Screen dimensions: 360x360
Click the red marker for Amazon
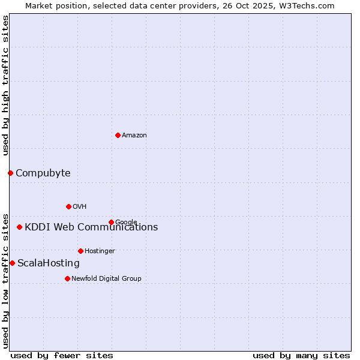tap(118, 135)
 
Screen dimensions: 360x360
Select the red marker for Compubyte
tap(10, 173)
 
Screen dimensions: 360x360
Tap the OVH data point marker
tap(68, 206)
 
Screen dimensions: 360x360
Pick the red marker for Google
tap(111, 222)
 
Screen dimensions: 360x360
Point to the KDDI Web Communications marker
tap(20, 227)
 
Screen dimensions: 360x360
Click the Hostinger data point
tap(80, 251)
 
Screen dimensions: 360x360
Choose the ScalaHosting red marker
tap(12, 263)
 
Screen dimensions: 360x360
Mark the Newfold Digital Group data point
tap(67, 278)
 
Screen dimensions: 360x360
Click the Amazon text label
tap(134, 136)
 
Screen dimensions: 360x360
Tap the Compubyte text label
tap(43, 173)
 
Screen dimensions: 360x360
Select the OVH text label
tap(80, 207)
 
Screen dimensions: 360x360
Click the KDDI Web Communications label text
tap(91, 227)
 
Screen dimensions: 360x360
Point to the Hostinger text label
tap(100, 251)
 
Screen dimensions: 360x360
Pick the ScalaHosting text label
tap(49, 263)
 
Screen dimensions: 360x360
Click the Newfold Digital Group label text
tap(106, 279)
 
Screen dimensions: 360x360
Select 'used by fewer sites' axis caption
tap(62, 355)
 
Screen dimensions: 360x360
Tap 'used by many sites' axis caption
tap(301, 355)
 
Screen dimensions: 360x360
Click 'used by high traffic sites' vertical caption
tap(5, 85)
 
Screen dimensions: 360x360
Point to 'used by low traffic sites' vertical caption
tap(5, 280)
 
